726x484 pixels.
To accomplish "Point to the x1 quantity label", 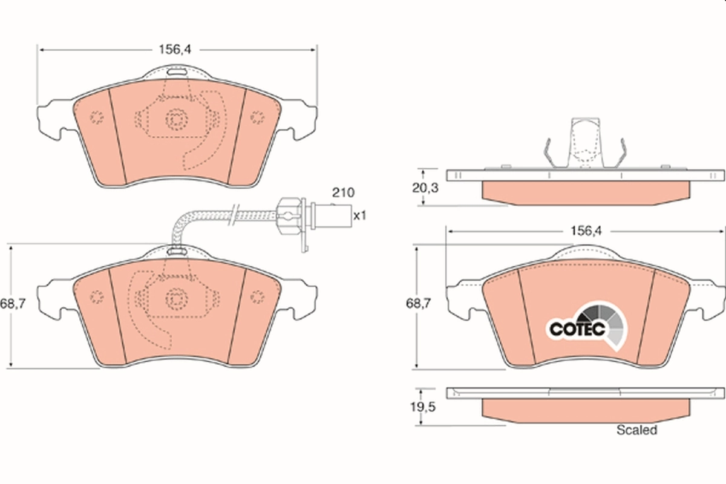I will (x=360, y=215).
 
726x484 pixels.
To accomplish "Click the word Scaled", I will (x=636, y=430).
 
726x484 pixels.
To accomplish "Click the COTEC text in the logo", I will (x=577, y=329).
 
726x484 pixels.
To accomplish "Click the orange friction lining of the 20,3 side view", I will (x=586, y=191).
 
